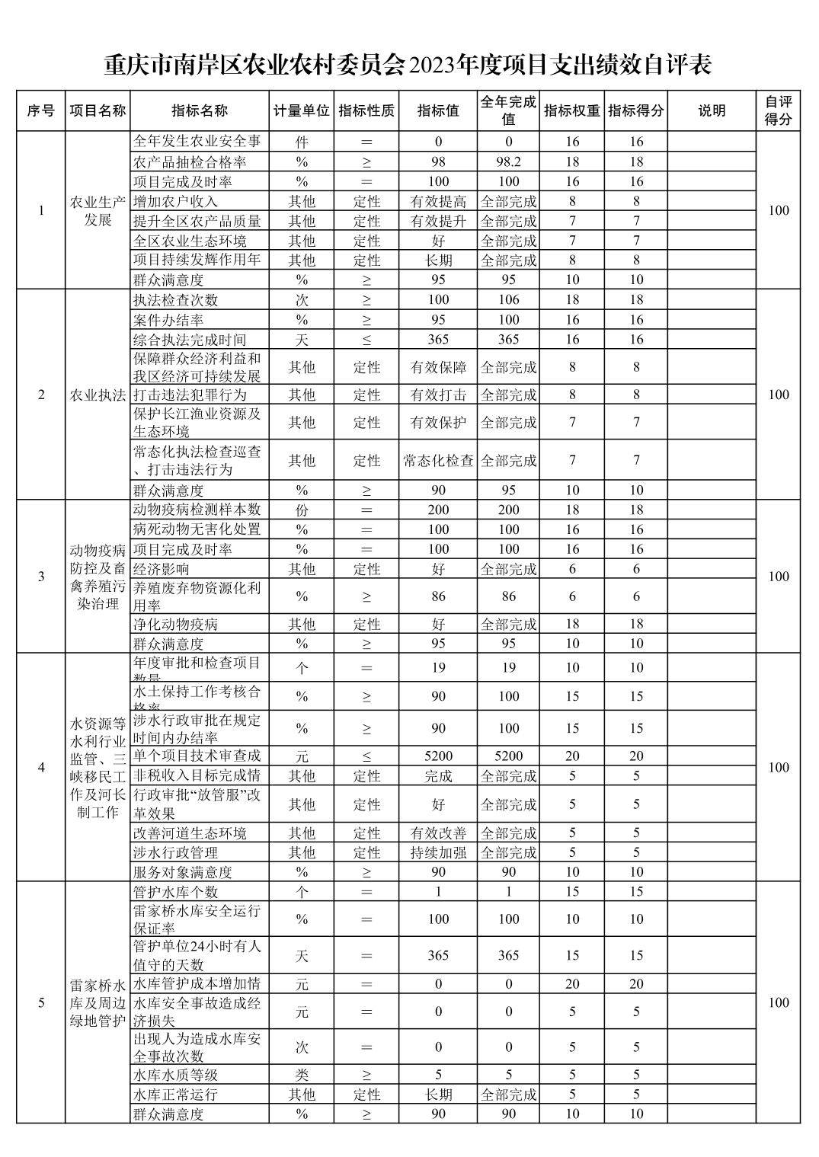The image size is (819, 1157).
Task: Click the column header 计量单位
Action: coord(301,110)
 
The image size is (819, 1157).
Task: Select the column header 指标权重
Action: coord(571,110)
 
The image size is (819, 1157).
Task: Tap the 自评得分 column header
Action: coord(778,110)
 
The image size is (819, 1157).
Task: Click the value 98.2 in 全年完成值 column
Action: coord(508,161)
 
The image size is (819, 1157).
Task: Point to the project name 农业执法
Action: coord(98,395)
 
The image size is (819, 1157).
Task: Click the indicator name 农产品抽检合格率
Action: coord(190,161)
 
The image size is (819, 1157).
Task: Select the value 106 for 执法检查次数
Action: coord(508,300)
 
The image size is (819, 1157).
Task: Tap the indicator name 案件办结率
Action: coord(168,320)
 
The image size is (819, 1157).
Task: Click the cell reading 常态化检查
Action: coord(438,461)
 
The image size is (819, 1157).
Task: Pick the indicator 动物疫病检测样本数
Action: coord(197,510)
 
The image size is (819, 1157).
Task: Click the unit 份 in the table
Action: coord(302,510)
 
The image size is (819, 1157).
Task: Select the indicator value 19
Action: coord(438,668)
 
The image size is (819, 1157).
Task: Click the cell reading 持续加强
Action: coord(438,852)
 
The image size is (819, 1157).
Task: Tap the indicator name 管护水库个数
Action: coord(175,892)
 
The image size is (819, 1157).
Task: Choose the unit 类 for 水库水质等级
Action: coord(302,1075)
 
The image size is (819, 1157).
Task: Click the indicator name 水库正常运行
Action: coord(175,1095)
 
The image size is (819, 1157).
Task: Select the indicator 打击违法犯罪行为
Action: coord(190,395)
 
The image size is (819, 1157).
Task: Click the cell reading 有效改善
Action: coord(438,833)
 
